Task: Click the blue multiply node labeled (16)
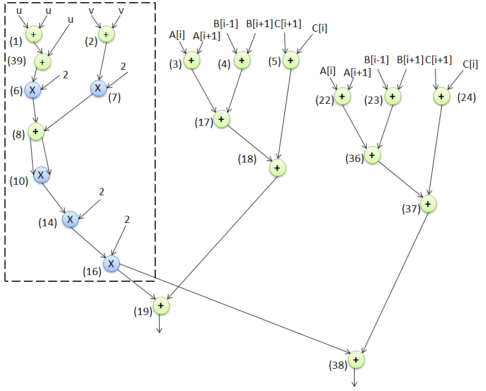click(x=111, y=263)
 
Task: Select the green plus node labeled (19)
click(x=161, y=306)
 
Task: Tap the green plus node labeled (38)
click(x=356, y=359)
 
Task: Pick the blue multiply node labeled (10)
click(x=41, y=175)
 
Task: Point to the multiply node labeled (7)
click(x=98, y=88)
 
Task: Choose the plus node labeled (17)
click(x=221, y=119)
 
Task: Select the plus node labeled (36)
click(x=372, y=155)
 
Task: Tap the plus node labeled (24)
click(x=441, y=97)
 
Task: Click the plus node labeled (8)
click(x=37, y=132)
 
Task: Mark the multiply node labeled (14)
click(x=70, y=219)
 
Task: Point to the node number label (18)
click(x=247, y=159)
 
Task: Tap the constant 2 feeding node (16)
click(x=127, y=220)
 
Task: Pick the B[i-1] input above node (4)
click(x=225, y=24)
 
